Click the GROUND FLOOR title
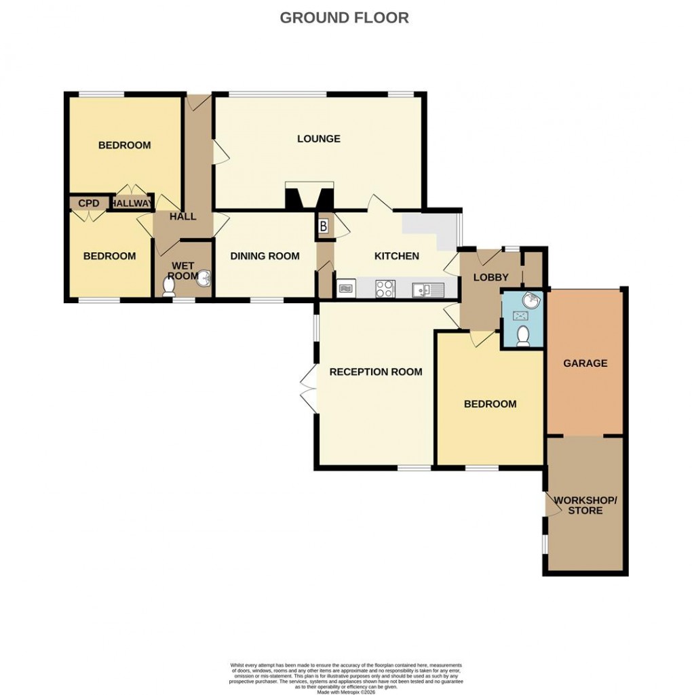click(x=344, y=18)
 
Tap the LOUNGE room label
click(x=318, y=139)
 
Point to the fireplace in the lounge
click(x=309, y=197)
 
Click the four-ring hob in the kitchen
click(x=385, y=289)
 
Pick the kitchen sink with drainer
click(x=427, y=290)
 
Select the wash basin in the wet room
click(x=204, y=278)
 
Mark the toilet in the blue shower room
click(x=523, y=336)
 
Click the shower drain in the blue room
click(x=521, y=316)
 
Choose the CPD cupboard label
click(x=88, y=203)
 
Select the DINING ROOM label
click(x=265, y=256)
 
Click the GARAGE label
click(x=585, y=363)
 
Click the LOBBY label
click(x=491, y=277)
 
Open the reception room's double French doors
click(x=309, y=388)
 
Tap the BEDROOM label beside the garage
click(x=490, y=403)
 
